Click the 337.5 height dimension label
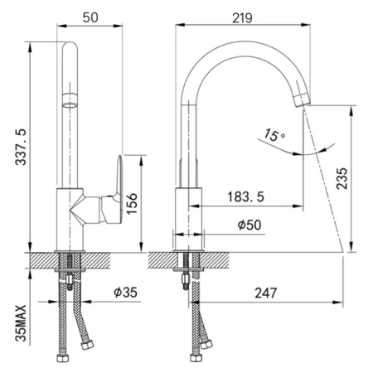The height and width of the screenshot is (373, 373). pos(21,147)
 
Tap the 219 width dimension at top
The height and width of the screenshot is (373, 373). pos(242,18)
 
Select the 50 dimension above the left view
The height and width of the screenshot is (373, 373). pos(90,17)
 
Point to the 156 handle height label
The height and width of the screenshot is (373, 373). pos(132,204)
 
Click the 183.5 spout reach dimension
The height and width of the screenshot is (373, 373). pos(245,196)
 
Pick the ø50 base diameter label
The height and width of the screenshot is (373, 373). pos(249,225)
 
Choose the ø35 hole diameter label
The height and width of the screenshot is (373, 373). pos(125,292)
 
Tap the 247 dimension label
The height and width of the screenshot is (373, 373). pos(265,293)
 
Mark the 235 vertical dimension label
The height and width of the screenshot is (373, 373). pos(342,178)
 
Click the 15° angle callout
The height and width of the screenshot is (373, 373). pos(274,135)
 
